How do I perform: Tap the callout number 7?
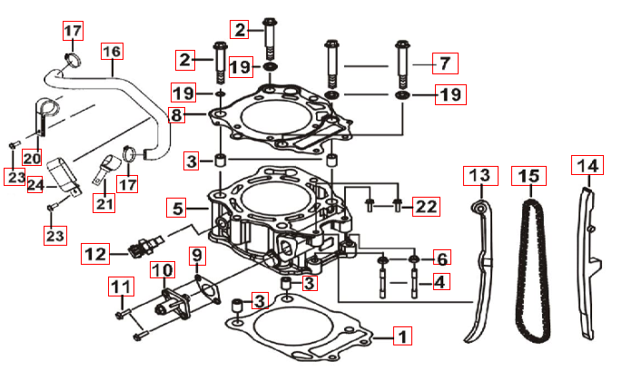click(444, 63)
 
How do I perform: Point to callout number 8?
click(175, 115)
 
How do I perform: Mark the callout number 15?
click(527, 173)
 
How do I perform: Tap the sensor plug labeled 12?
click(142, 246)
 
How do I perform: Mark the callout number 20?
click(32, 156)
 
